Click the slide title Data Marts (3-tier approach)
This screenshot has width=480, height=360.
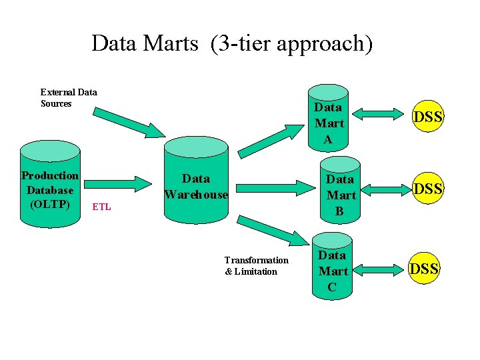coord(232,44)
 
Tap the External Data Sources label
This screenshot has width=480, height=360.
coord(68,98)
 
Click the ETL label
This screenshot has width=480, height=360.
coord(101,207)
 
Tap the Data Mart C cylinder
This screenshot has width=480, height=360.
coord(332,267)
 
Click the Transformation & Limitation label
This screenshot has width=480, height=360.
coord(256,266)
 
